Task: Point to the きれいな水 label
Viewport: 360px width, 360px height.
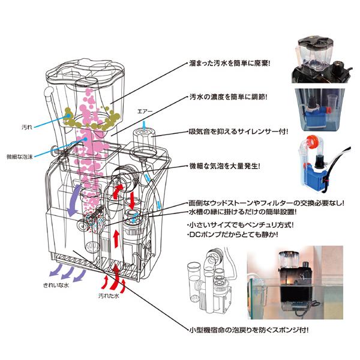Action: [x=56, y=286]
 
